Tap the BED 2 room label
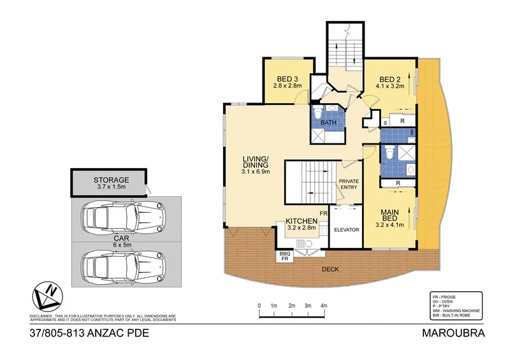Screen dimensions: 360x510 pos(391,79)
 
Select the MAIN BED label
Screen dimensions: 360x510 pos(390,216)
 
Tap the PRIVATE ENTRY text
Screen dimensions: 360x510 pos(349,184)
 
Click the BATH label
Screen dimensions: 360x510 pos(328,122)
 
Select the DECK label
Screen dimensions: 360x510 pos(330,269)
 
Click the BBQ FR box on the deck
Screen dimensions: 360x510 pos(284,257)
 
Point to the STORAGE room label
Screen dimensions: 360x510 pos(111,180)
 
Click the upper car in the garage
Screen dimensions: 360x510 pos(124,218)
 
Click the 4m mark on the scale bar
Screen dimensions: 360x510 pos(324,306)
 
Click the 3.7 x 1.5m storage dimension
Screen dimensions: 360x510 pos(111,188)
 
